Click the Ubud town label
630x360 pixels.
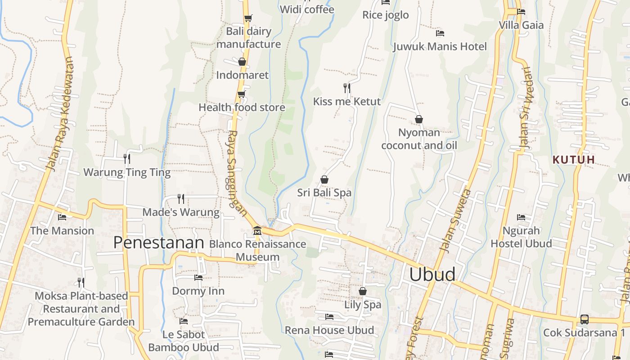pyautogui.click(x=432, y=274)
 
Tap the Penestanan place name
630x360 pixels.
pyautogui.click(x=158, y=243)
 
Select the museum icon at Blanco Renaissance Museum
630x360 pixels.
pyautogui.click(x=257, y=231)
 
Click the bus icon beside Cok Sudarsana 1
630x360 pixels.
pyautogui.click(x=584, y=319)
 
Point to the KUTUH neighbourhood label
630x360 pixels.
pyautogui.click(x=574, y=160)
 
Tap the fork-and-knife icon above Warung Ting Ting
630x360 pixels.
pyautogui.click(x=127, y=158)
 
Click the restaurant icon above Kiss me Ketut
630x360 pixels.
pyautogui.click(x=346, y=88)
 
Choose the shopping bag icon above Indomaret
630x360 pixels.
pyautogui.click(x=242, y=62)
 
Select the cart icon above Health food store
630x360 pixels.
pyautogui.click(x=242, y=94)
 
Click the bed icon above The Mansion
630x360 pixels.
pyautogui.click(x=62, y=217)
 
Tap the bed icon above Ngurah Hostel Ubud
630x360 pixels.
pyautogui.click(x=521, y=217)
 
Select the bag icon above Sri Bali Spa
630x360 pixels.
pyautogui.click(x=324, y=180)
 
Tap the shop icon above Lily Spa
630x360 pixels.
pyautogui.click(x=362, y=291)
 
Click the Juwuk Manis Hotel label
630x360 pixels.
pyautogui.click(x=440, y=47)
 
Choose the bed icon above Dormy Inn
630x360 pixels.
pyautogui.click(x=198, y=277)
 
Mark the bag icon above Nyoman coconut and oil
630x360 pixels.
pyautogui.click(x=418, y=119)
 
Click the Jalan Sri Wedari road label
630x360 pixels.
pyautogui.click(x=526, y=108)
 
